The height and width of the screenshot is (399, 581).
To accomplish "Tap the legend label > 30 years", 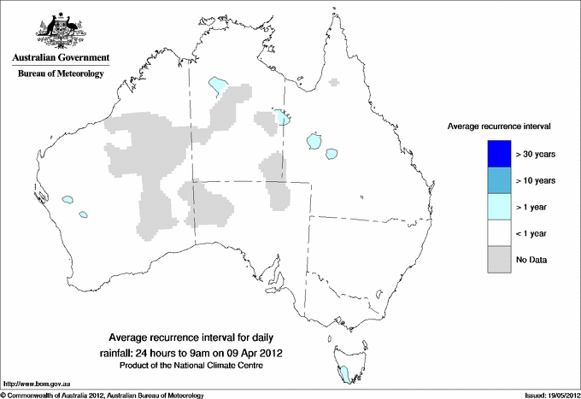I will point(537,155).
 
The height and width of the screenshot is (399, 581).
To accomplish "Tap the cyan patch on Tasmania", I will point(344,373).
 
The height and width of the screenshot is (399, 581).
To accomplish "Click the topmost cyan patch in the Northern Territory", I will point(218,84).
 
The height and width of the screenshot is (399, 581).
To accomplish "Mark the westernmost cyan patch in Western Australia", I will point(66,202).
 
